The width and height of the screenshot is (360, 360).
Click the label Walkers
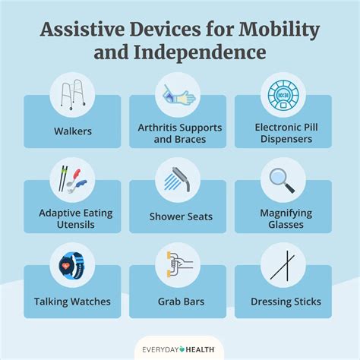[72, 131]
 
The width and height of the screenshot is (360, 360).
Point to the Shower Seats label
[179, 216]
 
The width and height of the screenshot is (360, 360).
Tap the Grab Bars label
[179, 302]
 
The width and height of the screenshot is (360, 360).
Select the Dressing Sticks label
[286, 302]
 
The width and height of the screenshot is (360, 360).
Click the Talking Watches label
[72, 302]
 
